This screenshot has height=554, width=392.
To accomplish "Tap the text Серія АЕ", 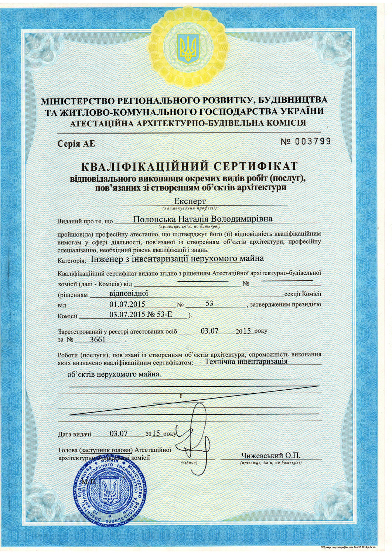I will tap(76, 144).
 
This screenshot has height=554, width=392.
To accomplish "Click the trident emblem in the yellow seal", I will tap(188, 48).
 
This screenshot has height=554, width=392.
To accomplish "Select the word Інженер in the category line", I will tap(107, 259).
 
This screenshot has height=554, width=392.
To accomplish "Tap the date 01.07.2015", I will tap(127, 304).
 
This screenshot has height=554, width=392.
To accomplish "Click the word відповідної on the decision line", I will tap(129, 294).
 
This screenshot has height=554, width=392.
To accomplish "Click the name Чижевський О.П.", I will tap(271, 456).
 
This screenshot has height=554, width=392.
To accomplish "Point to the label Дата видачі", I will tap(75, 435).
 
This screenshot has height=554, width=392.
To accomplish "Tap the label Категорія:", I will tap(72, 261).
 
